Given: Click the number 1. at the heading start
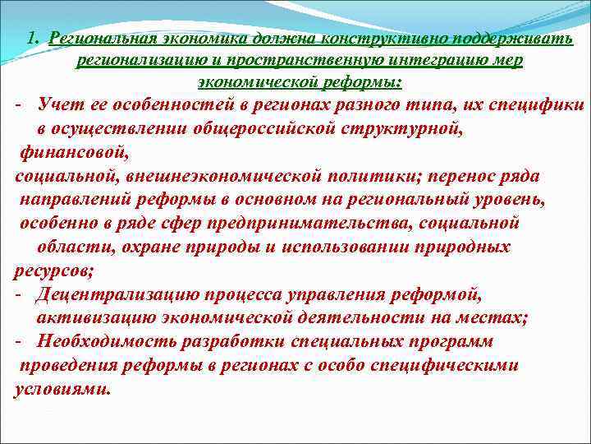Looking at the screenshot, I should click(x=32, y=38).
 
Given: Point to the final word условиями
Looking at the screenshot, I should click(x=62, y=389).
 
